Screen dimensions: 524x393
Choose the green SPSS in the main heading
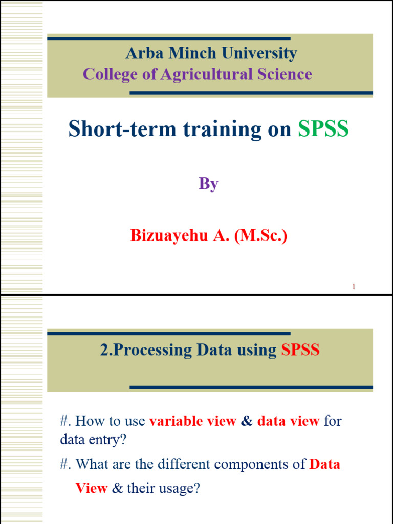pyautogui.click(x=323, y=129)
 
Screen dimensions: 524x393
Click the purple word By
pyautogui.click(x=209, y=184)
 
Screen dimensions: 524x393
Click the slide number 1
pyautogui.click(x=354, y=287)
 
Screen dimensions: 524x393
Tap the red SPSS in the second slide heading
pyautogui.click(x=300, y=350)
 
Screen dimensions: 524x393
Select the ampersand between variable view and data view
pyautogui.click(x=247, y=421)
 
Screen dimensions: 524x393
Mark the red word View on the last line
pyautogui.click(x=91, y=488)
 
